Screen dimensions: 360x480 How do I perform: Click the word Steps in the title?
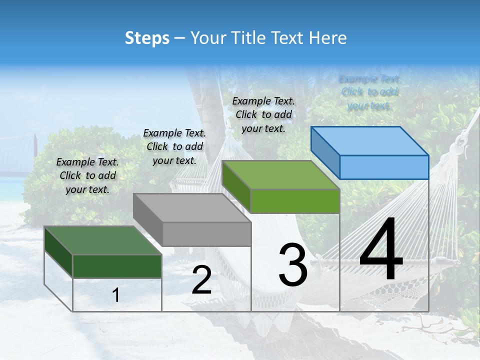point(147,38)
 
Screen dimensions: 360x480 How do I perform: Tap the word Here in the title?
point(328,38)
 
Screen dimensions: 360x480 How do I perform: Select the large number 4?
point(381,250)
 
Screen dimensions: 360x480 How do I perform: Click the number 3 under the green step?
point(293,264)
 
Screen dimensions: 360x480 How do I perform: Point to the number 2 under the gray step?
point(201,280)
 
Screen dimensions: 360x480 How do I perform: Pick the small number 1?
point(116,295)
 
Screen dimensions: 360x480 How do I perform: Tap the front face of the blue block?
point(384,167)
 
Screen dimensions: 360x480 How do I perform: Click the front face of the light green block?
point(295,201)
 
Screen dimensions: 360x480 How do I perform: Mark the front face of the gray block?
point(206,234)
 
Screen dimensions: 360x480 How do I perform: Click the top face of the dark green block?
point(103,240)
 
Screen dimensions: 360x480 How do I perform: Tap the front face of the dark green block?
point(117,266)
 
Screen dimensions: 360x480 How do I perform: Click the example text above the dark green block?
point(87,175)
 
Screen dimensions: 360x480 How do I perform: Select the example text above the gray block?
point(174,146)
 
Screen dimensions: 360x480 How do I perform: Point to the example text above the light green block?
point(263,114)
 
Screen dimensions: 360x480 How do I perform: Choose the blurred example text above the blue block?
point(369,92)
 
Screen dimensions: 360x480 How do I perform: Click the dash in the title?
point(179,38)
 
